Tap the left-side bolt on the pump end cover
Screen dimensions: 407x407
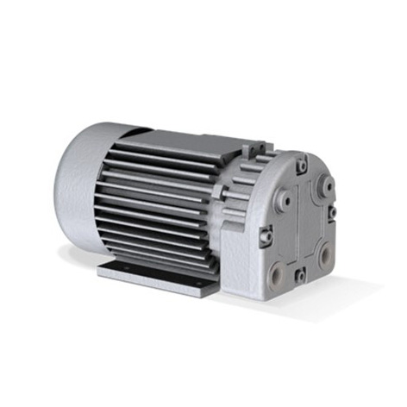click(x=266, y=232)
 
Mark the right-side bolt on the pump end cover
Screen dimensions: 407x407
click(x=333, y=211)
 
